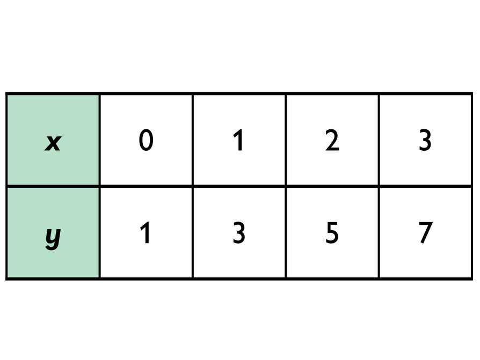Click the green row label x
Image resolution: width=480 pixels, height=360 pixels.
pyautogui.click(x=53, y=142)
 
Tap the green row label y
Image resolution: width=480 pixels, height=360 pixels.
pyautogui.click(x=53, y=234)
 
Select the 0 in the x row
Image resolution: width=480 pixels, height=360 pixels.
pyautogui.click(x=146, y=141)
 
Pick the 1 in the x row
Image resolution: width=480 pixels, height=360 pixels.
pyautogui.click(x=239, y=141)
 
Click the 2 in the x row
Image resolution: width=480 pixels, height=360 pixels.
pyautogui.click(x=332, y=141)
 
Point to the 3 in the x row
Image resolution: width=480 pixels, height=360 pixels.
pyautogui.click(x=425, y=141)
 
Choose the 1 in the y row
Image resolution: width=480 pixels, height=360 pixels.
pyautogui.click(x=146, y=233)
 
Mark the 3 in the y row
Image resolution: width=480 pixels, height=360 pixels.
pyautogui.click(x=239, y=233)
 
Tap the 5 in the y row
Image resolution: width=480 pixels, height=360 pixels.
pyautogui.click(x=332, y=233)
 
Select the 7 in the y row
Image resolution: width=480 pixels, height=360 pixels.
pyautogui.click(x=425, y=233)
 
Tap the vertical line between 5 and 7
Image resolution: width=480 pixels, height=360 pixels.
pyautogui.click(x=379, y=233)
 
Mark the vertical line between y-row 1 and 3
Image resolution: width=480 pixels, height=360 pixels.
pyautogui.click(x=192, y=233)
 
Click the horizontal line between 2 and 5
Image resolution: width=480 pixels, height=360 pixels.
pyautogui.click(x=332, y=186)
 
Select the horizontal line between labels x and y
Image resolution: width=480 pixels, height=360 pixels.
pyautogui.click(x=53, y=186)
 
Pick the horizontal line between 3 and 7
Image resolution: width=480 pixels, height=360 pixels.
pyautogui.click(x=425, y=186)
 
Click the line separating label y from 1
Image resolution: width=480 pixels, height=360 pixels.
pyautogui.click(x=99, y=233)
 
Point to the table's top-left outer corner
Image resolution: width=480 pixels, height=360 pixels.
pyautogui.click(x=6, y=94)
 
